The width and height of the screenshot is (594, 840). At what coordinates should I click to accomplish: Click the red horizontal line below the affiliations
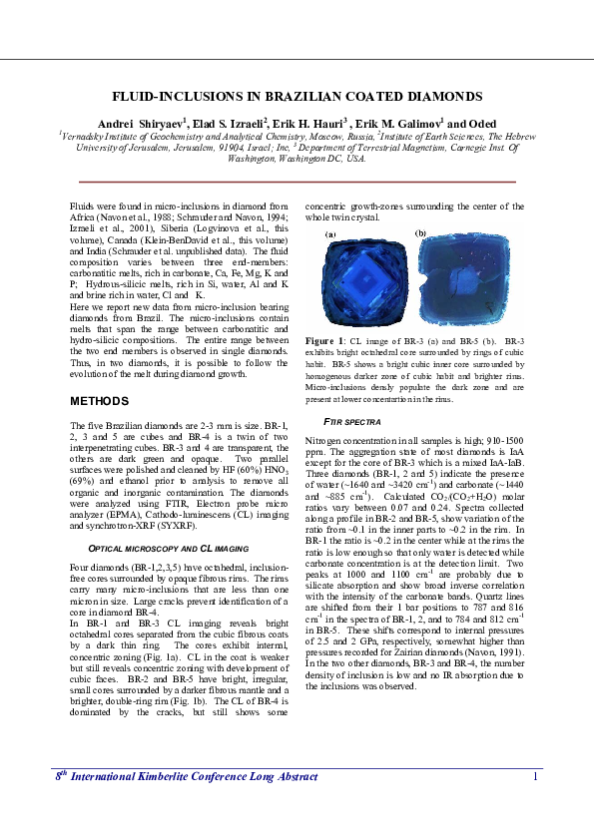pos(297,182)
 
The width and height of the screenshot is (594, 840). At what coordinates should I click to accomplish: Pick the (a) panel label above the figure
pos(330,234)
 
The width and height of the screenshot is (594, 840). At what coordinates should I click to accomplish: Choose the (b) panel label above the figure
pos(420,232)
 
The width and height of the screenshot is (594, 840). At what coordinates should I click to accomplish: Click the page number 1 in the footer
pos(536,804)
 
